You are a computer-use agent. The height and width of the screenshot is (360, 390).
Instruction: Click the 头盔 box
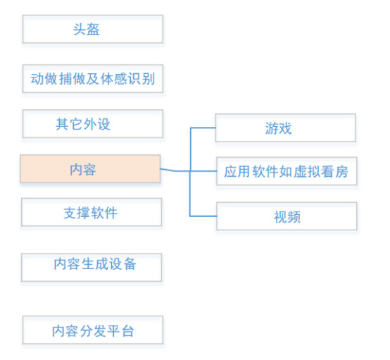coord(92,30)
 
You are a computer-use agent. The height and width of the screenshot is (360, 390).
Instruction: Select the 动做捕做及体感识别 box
coord(92,78)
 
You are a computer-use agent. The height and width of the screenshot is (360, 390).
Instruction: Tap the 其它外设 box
coord(92,124)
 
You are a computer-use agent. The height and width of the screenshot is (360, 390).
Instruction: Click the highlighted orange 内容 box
coord(90,169)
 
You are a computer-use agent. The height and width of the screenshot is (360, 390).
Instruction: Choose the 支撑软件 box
coord(92,212)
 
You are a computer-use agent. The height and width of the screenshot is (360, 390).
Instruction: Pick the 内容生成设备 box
coord(92,266)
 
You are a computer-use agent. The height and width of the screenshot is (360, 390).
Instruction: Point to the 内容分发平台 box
coord(92,330)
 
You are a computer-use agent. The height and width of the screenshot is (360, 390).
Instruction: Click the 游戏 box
coord(285,128)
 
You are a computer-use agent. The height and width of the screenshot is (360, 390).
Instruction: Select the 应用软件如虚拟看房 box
coord(285,171)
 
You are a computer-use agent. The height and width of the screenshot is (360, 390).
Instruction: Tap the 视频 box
coord(287,216)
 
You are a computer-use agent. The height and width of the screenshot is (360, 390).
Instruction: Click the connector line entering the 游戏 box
coord(203,128)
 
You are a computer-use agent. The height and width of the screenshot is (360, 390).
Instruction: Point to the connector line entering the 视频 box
coord(203,215)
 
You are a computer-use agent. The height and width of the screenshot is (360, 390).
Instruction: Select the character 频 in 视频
coord(294,216)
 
